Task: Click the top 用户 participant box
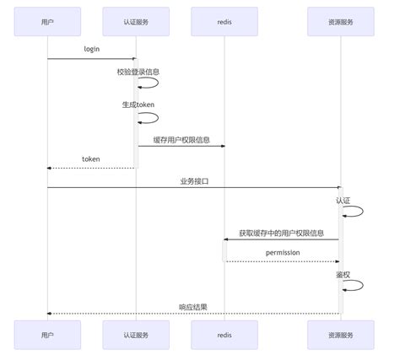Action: pyautogui.click(x=47, y=20)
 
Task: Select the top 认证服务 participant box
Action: pyautogui.click(x=135, y=20)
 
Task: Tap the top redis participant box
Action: pyautogui.click(x=224, y=20)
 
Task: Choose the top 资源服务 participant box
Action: pyautogui.click(x=342, y=20)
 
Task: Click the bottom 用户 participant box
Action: pyautogui.click(x=47, y=334)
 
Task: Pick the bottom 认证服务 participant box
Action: pyautogui.click(x=135, y=334)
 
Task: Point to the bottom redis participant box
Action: pyautogui.click(x=224, y=334)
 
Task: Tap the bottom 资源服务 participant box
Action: pyautogui.click(x=342, y=334)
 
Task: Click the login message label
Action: pyautogui.click(x=91, y=49)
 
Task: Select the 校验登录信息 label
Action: pyautogui.click(x=138, y=72)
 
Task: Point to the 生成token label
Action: pyautogui.click(x=138, y=105)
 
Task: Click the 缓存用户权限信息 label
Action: pyautogui.click(x=181, y=138)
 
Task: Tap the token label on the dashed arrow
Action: pyautogui.click(x=91, y=159)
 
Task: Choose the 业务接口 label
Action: pyautogui.click(x=193, y=180)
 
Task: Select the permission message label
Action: pyautogui.click(x=283, y=252)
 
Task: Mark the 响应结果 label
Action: pyautogui.click(x=193, y=306)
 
